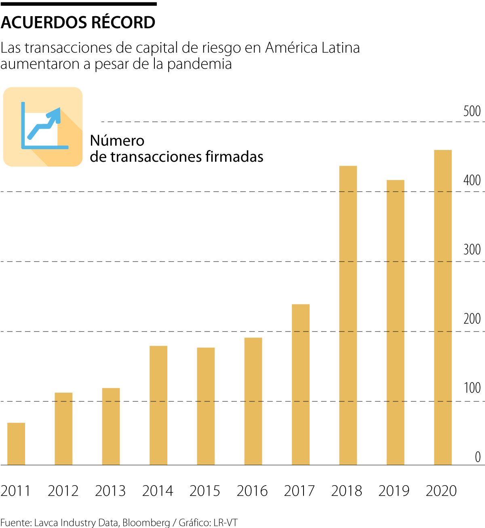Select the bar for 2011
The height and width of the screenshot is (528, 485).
click(x=16, y=444)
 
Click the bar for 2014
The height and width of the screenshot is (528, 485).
click(x=158, y=406)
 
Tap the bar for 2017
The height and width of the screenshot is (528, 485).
click(x=301, y=384)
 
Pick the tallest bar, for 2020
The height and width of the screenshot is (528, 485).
click(x=443, y=307)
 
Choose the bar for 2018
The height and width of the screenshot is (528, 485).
click(x=348, y=315)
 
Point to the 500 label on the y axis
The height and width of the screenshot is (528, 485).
click(x=472, y=111)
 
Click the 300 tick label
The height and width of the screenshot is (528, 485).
click(x=472, y=249)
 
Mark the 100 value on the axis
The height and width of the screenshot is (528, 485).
click(x=472, y=388)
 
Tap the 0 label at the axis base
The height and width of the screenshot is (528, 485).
click(x=478, y=457)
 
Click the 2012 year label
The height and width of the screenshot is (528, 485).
click(x=63, y=491)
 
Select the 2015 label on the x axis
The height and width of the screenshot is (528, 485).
click(x=205, y=491)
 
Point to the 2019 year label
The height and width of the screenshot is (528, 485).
click(x=394, y=491)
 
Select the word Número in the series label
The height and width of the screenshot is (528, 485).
click(x=117, y=141)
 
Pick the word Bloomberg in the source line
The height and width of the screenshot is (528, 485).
click(x=146, y=522)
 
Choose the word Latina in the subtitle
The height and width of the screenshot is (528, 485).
click(x=341, y=48)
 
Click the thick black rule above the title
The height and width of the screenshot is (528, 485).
click(x=78, y=4)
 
